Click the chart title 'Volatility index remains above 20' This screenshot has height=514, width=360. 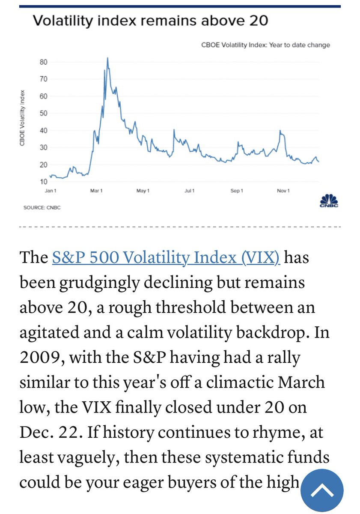point(151,21)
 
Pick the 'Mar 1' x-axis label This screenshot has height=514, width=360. point(96,191)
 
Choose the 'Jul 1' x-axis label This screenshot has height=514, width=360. point(190,191)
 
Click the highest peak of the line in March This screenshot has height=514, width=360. point(107,58)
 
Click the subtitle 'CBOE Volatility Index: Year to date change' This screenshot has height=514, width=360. point(265,45)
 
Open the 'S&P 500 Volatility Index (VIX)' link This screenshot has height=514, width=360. point(166,258)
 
